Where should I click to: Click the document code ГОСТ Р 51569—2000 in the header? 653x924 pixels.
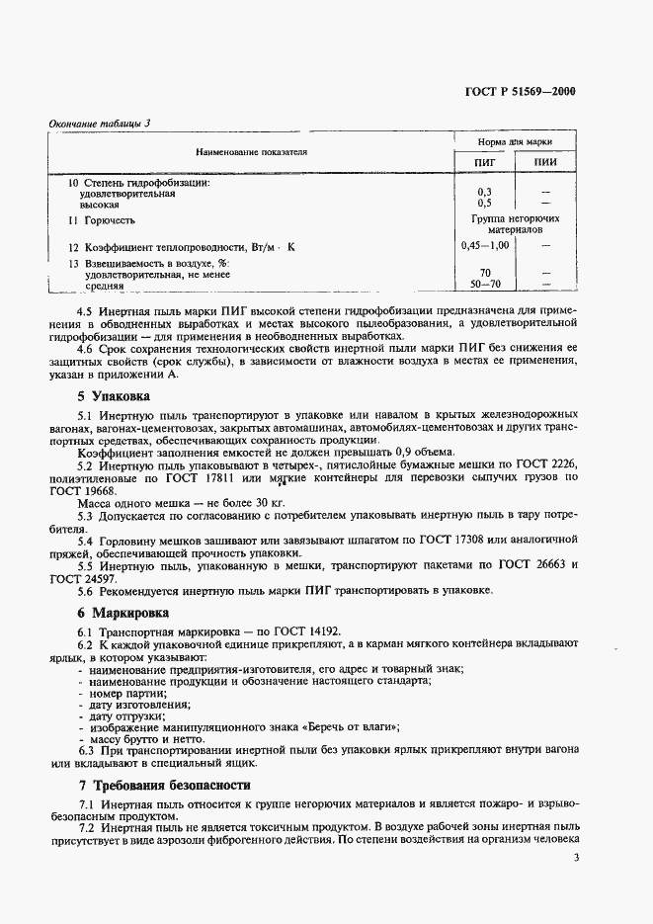click(520, 92)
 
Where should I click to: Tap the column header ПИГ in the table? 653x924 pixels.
click(485, 162)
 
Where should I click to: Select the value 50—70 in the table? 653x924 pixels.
click(485, 285)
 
